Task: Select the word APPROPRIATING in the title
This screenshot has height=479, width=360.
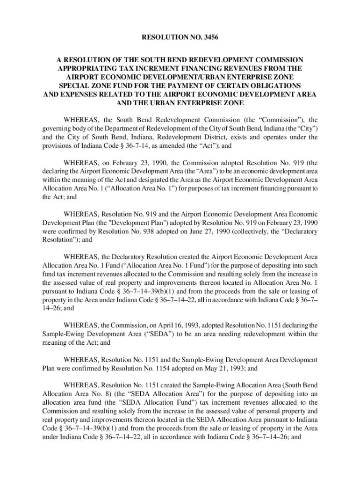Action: click(x=85, y=68)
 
